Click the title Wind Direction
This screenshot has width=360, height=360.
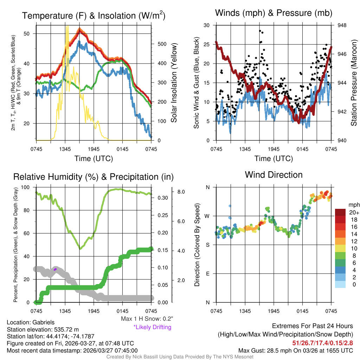point(274,174)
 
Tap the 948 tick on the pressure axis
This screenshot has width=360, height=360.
point(342,25)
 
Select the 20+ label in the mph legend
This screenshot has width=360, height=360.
point(354,213)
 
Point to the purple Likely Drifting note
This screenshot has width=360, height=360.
point(152,327)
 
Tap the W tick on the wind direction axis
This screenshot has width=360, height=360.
point(207,216)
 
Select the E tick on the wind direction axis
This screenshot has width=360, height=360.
point(207,274)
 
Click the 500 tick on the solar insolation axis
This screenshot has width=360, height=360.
point(162,44)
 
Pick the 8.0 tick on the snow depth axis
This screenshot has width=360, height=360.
point(181,192)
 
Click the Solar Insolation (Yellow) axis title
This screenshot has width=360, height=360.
point(174,83)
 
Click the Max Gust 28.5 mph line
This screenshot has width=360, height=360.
point(295,350)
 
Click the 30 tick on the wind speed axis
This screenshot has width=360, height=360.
point(207,25)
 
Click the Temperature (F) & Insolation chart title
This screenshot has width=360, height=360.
point(94,15)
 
